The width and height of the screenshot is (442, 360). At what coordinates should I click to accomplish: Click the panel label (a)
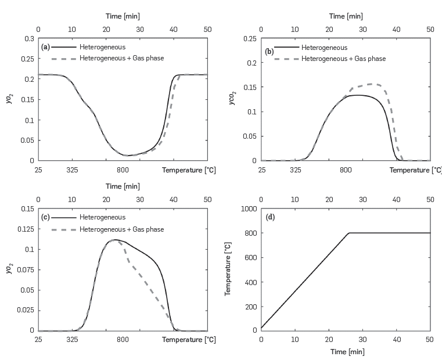45,46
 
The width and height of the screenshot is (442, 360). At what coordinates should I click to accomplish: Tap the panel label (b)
269,51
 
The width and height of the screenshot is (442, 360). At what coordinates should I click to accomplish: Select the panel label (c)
45,217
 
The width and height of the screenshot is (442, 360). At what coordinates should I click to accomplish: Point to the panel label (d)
270,217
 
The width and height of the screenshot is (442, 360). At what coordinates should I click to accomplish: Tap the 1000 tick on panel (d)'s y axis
249,208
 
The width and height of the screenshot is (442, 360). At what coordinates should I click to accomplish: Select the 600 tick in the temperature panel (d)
250,257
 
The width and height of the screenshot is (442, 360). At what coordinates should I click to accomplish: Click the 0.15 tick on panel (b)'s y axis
250,88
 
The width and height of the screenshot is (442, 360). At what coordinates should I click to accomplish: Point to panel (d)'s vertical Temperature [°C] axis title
228,269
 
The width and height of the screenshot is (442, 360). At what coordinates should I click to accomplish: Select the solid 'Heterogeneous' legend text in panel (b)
328,48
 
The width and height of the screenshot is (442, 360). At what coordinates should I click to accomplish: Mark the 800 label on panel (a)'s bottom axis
123,170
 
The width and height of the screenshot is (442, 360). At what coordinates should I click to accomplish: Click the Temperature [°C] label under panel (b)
415,170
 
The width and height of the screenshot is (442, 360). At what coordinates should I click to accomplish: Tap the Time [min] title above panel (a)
123,16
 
